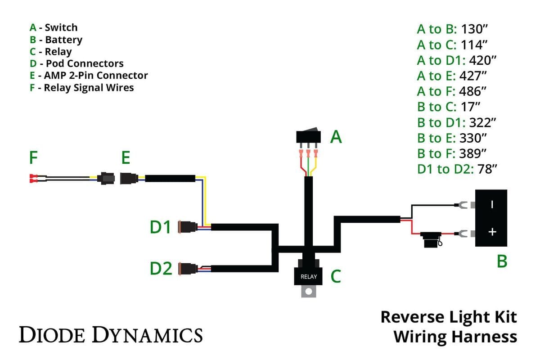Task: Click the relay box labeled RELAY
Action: tap(308, 275)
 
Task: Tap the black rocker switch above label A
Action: tap(308, 136)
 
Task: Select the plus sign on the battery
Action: tap(492, 232)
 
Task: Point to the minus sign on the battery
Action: tap(492, 204)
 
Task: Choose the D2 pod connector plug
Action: tap(188, 268)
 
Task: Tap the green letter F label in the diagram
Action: tap(33, 158)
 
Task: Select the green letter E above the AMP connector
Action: tap(126, 158)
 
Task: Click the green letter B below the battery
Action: tap(502, 261)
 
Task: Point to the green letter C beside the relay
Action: tap(335, 276)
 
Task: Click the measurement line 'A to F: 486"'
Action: tap(451, 91)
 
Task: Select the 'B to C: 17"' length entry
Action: tap(449, 107)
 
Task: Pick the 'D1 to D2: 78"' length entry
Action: tap(457, 169)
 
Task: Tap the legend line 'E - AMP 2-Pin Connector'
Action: tap(89, 76)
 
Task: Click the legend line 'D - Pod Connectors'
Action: tap(76, 63)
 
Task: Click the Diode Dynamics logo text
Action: tap(110, 335)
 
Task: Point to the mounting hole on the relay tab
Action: tap(308, 292)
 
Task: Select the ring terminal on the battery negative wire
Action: tap(461, 206)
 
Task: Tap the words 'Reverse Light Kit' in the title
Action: tap(448, 317)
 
